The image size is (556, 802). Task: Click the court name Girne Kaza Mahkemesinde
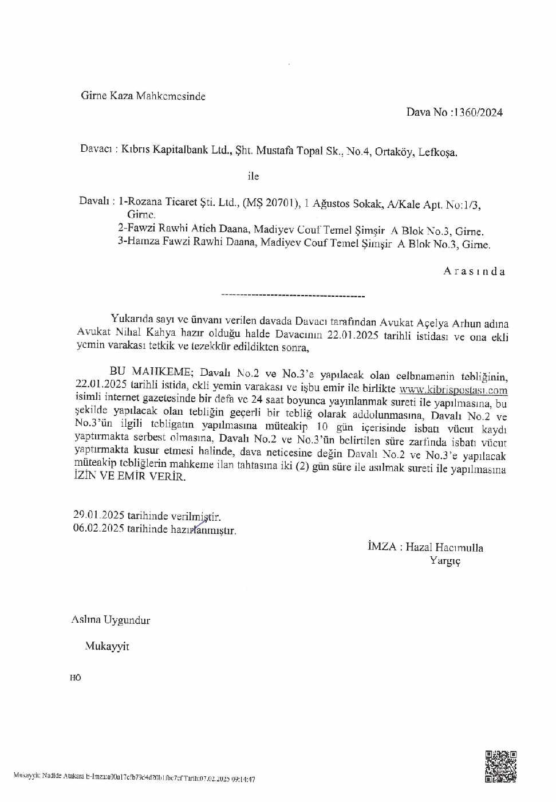(x=143, y=96)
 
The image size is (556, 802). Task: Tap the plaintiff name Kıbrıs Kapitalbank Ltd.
(x=175, y=151)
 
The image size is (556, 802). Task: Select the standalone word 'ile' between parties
(x=253, y=176)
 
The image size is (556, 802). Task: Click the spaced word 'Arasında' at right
(x=474, y=272)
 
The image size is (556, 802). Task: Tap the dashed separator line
(x=293, y=296)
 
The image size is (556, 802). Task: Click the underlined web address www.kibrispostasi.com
(x=453, y=390)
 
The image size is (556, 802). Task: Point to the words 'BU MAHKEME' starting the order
(x=149, y=372)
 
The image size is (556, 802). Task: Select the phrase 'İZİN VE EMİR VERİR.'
(x=129, y=476)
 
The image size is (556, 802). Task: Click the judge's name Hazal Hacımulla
(x=444, y=547)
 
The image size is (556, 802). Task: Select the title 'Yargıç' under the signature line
(x=445, y=561)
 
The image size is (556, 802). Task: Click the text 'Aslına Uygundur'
(x=111, y=620)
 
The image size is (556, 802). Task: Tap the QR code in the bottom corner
(x=501, y=766)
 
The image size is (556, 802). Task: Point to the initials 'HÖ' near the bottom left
(x=76, y=678)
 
